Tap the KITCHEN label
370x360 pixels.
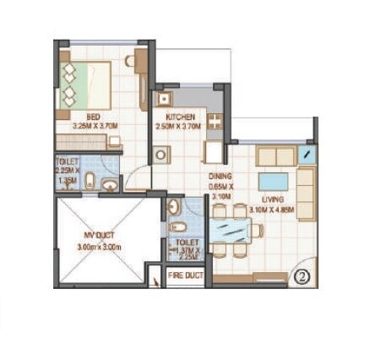[181, 117]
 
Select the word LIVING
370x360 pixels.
[272, 199]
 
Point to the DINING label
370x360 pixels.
[220, 177]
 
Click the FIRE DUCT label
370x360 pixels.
[185, 275]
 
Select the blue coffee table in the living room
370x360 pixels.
[272, 181]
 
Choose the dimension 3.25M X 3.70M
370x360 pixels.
[95, 126]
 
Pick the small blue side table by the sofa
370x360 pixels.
[307, 155]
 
